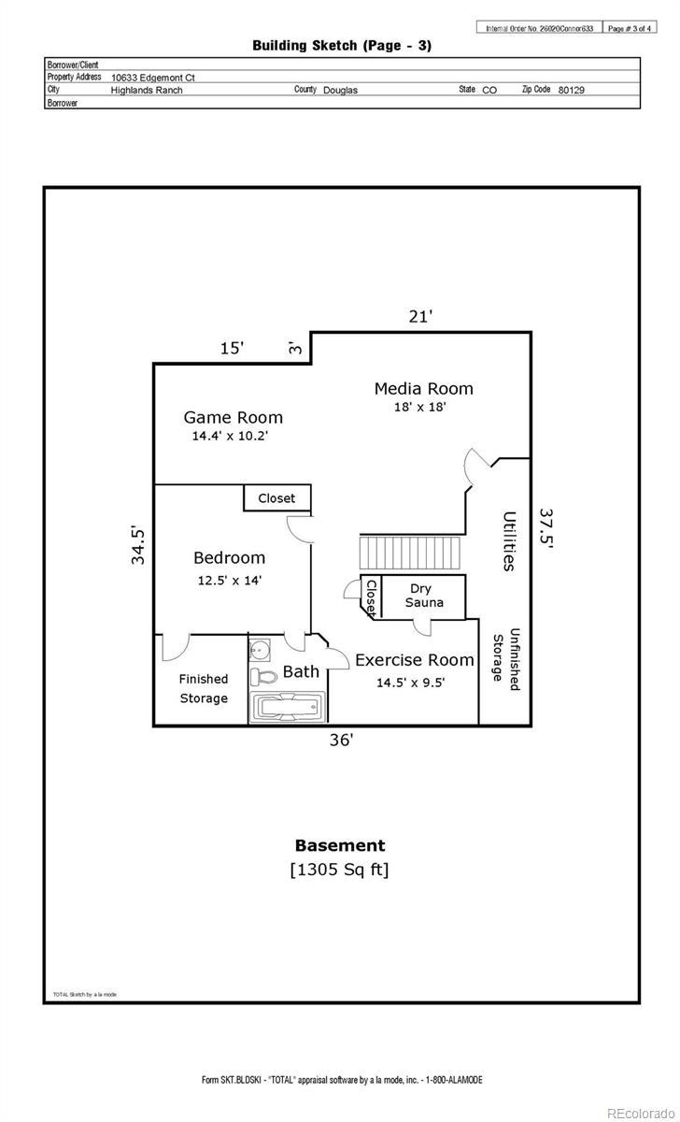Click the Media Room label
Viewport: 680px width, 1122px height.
tap(423, 388)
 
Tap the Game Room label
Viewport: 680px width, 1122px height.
tap(233, 417)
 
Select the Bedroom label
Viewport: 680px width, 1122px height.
tap(229, 558)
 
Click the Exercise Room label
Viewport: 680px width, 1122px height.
tap(414, 660)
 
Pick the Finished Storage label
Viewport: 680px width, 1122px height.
tap(204, 689)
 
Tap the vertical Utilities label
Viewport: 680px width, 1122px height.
tap(509, 540)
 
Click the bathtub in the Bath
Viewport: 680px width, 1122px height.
tap(287, 707)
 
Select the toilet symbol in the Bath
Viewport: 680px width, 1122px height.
tap(263, 676)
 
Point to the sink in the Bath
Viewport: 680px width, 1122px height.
tap(259, 648)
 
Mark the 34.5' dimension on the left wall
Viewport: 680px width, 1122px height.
tap(138, 545)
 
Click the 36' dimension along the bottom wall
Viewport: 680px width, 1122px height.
tap(341, 740)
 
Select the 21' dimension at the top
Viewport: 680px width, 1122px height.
tap(420, 317)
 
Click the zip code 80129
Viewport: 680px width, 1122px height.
tap(572, 90)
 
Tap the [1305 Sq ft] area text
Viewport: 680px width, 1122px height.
tap(340, 870)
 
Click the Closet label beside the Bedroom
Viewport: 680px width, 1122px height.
tap(276, 498)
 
